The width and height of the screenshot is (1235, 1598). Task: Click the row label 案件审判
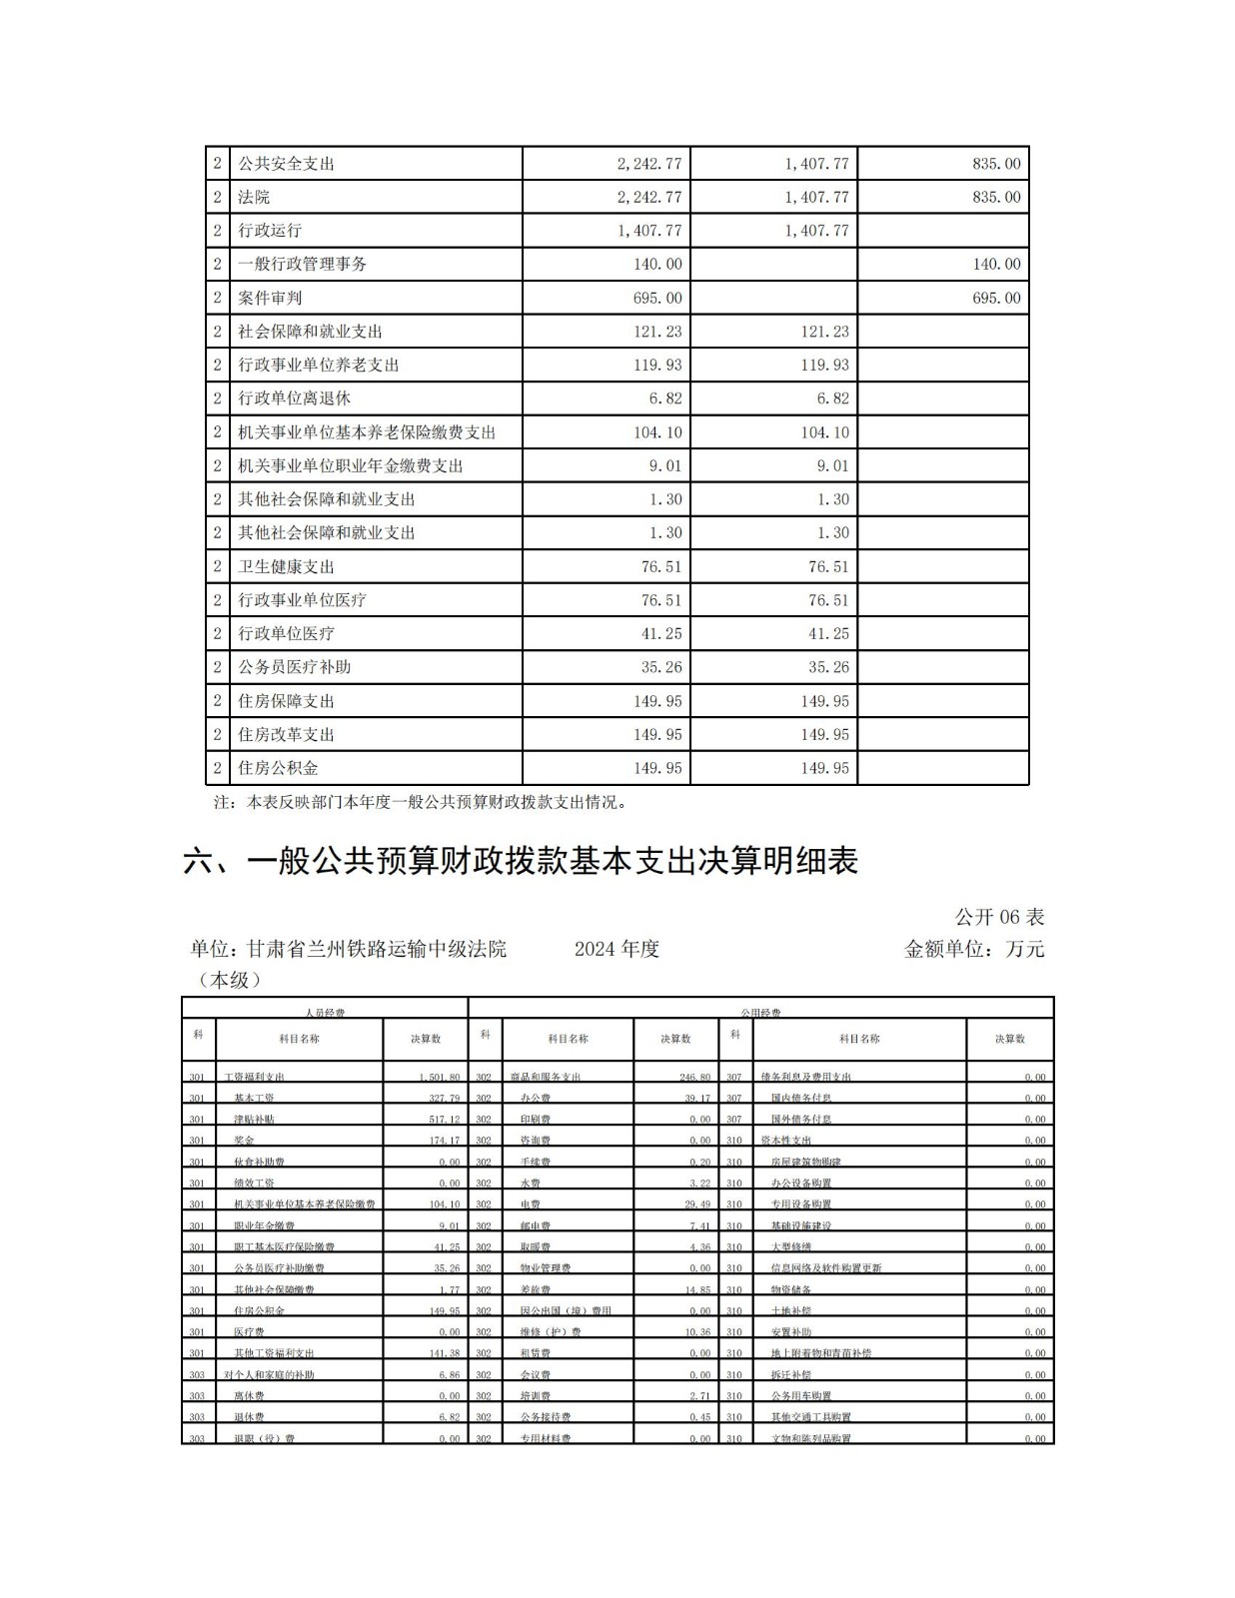click(270, 298)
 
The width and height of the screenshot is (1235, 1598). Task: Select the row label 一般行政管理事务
click(302, 265)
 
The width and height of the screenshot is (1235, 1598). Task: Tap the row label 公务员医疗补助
click(294, 667)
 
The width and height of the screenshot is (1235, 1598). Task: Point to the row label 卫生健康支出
click(286, 566)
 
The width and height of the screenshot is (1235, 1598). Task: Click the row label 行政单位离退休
click(294, 399)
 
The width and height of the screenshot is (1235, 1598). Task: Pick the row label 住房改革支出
click(286, 734)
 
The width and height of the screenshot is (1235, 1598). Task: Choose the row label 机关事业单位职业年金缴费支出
click(350, 465)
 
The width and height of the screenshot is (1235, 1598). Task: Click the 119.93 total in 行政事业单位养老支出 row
click(657, 365)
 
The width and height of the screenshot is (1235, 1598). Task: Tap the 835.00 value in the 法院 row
click(996, 197)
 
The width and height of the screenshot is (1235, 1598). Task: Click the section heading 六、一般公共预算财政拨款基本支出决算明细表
click(521, 861)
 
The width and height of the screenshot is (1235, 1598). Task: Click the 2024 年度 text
click(617, 949)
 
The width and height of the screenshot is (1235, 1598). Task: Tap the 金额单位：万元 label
click(974, 949)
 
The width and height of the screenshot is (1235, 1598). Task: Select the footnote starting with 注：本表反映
click(421, 801)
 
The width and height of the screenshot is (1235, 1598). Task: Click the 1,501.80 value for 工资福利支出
click(440, 1078)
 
